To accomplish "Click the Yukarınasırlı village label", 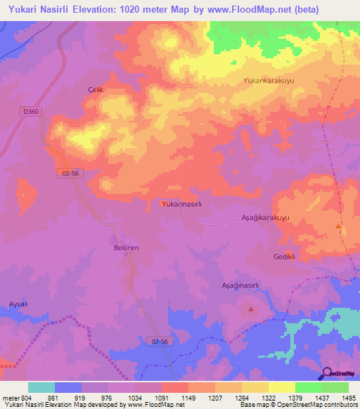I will click(x=182, y=204).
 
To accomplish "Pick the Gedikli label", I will click(x=283, y=257).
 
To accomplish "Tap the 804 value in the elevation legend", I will click(x=27, y=398).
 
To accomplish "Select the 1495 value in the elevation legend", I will click(x=347, y=398).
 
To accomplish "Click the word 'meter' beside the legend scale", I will click(x=11, y=398).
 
